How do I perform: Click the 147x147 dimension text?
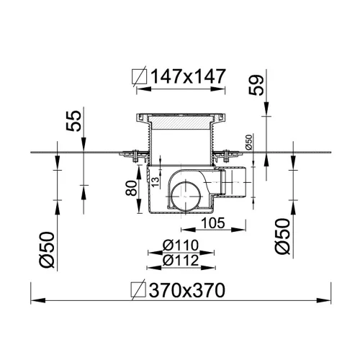point(189,76)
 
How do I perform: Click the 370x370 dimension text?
point(187,290)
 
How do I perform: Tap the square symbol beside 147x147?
point(140,76)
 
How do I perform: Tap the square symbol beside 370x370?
point(138,290)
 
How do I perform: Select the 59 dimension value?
point(256,85)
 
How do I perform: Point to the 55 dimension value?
point(73,121)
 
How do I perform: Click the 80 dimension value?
point(132,188)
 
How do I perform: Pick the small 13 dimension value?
point(156,183)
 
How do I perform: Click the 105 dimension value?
point(213,223)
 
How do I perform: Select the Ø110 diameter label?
point(181,246)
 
